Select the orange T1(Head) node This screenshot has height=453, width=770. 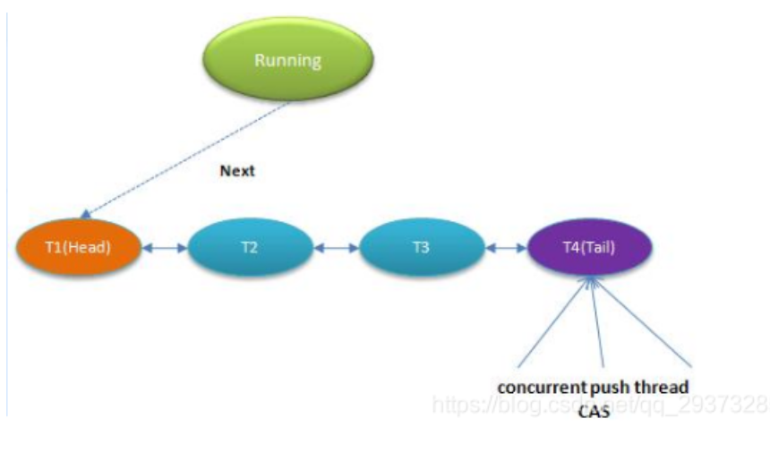78,246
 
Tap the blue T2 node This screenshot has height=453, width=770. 250,246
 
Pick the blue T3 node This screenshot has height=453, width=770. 421,246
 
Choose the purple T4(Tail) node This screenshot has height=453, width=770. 590,246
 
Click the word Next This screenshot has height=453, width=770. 237,171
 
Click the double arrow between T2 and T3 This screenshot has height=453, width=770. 336,246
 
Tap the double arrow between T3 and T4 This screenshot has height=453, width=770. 506,246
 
